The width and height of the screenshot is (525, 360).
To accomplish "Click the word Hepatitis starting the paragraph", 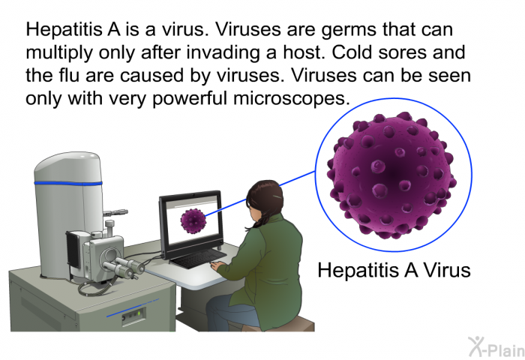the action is pos(64,29).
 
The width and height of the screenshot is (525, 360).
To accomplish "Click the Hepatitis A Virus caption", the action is pos(394,270).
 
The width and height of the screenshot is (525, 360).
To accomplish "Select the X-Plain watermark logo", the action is pos(496,347).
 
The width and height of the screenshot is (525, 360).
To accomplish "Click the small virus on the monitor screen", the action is pos(193,221).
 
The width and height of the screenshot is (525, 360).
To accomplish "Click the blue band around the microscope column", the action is pos(68,184).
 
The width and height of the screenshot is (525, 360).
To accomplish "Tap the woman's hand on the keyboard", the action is pos(217,265).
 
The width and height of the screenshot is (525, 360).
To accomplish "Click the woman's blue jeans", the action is pos(231,313).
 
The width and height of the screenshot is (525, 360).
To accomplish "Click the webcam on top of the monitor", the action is pos(193,194).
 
